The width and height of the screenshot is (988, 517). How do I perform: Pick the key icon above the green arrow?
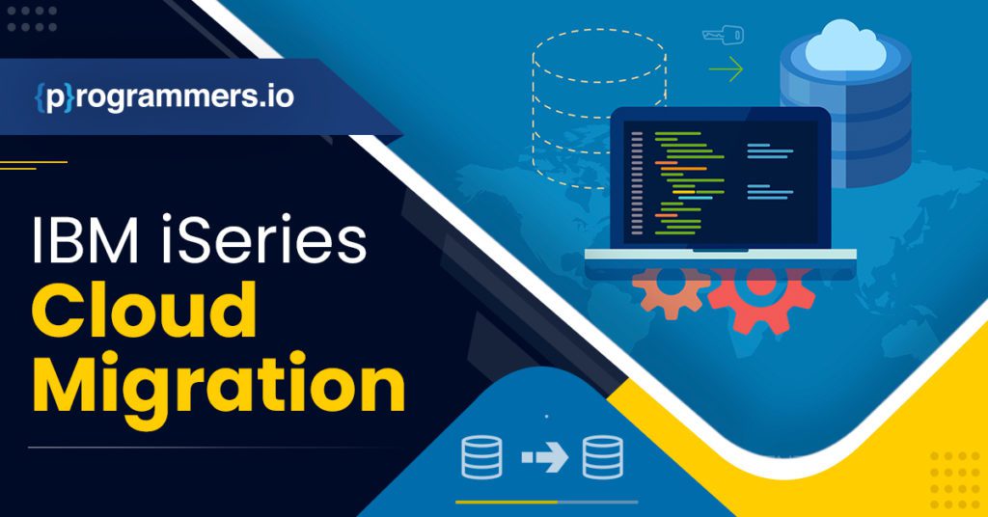tap(723, 36)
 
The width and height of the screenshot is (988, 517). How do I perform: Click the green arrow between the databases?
tap(726, 69)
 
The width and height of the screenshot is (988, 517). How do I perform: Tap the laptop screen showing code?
tap(719, 178)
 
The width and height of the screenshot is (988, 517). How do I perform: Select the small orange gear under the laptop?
tap(671, 289)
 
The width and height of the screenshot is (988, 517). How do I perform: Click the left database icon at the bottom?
tap(481, 458)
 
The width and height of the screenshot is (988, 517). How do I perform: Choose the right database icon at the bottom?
tap(603, 458)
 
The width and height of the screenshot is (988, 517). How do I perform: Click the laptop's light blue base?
tap(720, 255)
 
